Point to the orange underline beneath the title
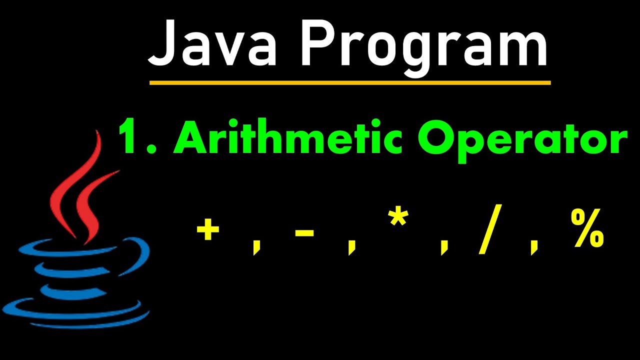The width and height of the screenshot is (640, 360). point(350,82)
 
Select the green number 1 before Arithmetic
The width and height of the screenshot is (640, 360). point(128,138)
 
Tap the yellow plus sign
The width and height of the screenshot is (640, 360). point(208,231)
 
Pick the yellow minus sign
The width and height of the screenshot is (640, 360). point(304,232)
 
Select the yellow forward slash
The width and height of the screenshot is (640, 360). point(489,231)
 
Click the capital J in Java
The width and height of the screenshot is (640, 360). point(163,42)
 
